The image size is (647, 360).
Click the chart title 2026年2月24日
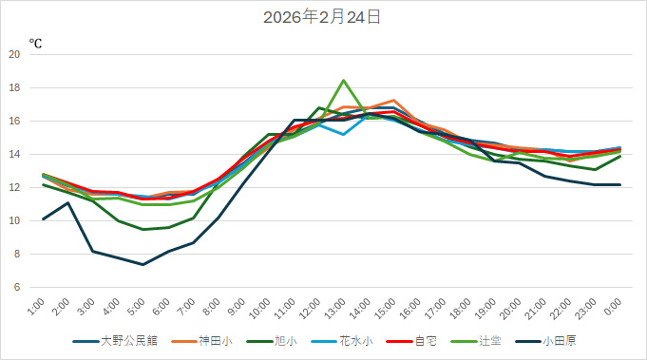[x=323, y=17]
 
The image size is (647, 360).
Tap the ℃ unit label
[x=35, y=44]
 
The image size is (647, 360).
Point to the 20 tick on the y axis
[x=14, y=54]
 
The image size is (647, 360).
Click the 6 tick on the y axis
[x=16, y=287]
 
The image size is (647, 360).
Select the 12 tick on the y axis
[x=14, y=187]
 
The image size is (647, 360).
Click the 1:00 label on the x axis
[x=36, y=307]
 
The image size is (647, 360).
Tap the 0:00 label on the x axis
[x=613, y=307]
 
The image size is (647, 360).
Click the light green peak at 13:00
[x=343, y=80]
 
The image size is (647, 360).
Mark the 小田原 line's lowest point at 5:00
[x=143, y=264]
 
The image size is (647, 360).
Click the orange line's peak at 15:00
[x=393, y=100]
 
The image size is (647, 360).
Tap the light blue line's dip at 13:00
[x=343, y=134]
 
